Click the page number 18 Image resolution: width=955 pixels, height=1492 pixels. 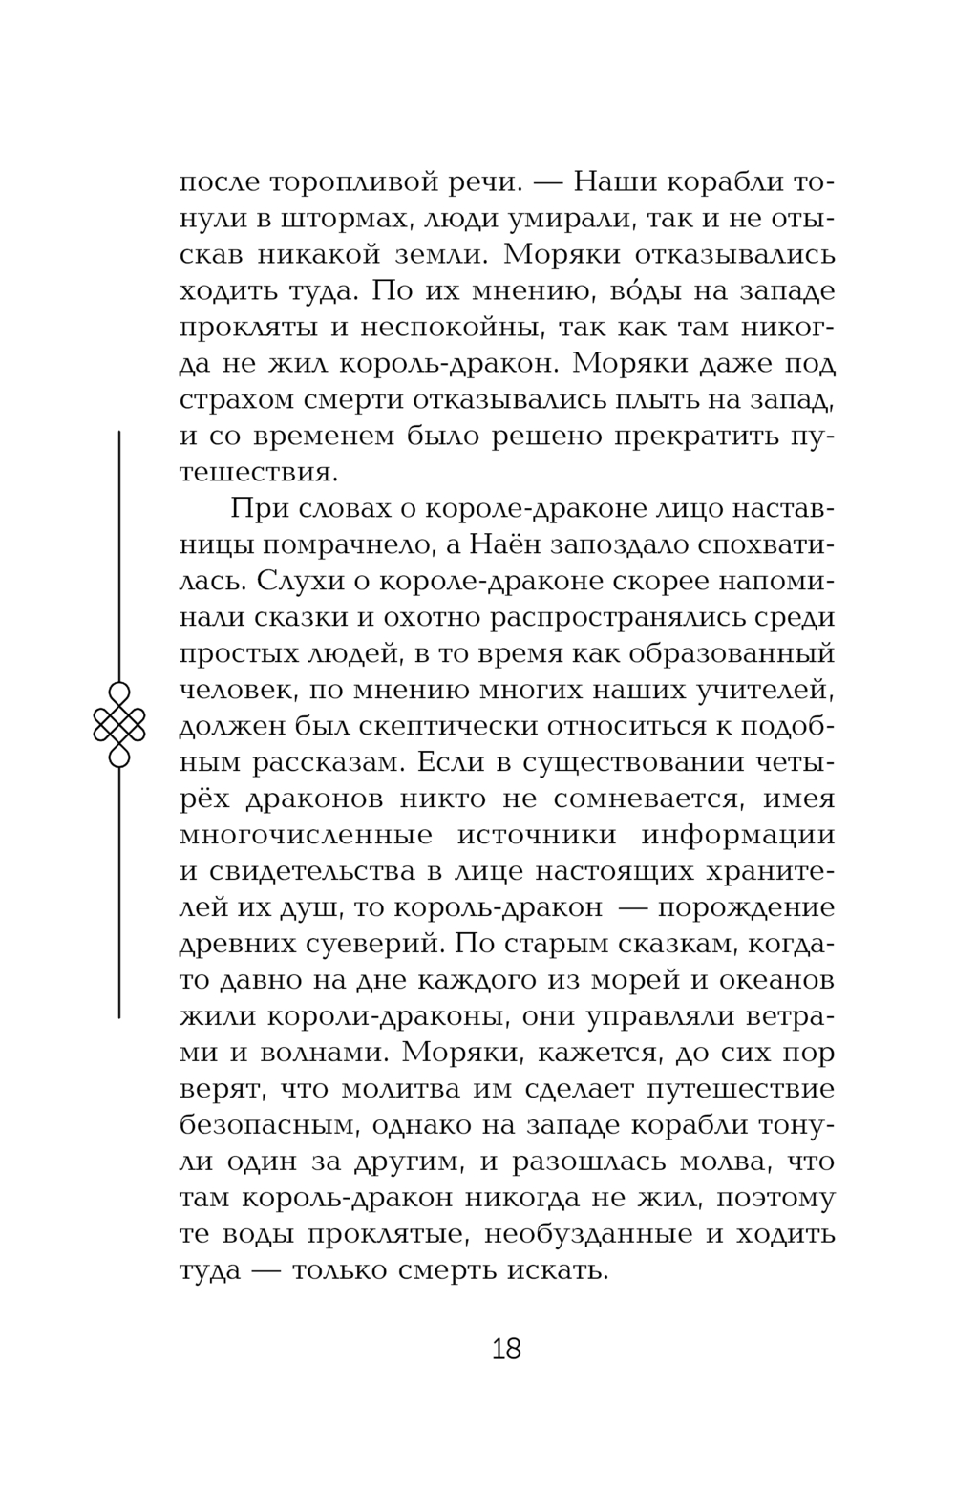(x=506, y=1348)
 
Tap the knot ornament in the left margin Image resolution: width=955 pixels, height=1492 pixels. (x=119, y=724)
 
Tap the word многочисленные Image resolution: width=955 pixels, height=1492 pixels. (x=307, y=835)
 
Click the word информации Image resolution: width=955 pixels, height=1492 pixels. (x=737, y=835)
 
